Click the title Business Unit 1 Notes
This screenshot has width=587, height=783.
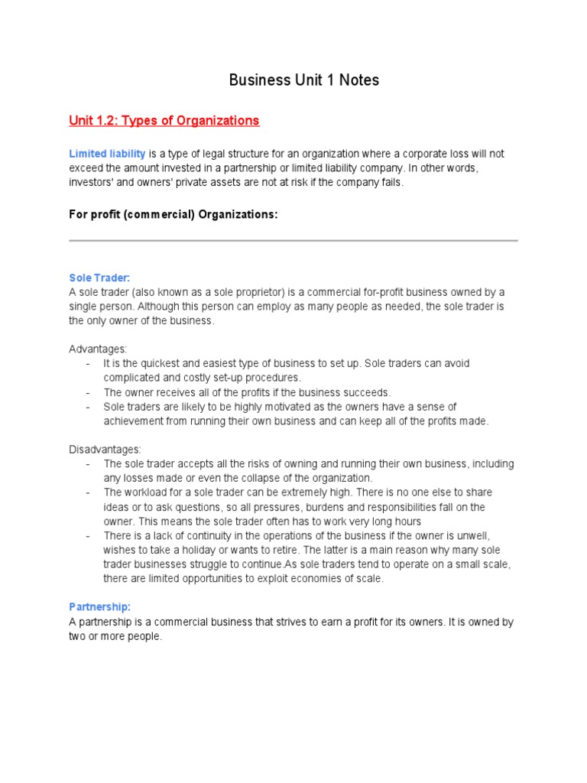point(304,80)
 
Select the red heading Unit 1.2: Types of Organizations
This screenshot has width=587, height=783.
point(164,121)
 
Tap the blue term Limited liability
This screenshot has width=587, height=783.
point(107,154)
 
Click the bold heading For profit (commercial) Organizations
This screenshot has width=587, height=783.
point(174,215)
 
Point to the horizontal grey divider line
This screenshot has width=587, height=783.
point(293,241)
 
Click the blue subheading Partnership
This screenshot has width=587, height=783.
point(99,606)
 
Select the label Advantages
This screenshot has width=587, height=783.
point(98,349)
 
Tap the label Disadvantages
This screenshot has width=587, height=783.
point(105,449)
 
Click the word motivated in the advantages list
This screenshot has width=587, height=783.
point(277,407)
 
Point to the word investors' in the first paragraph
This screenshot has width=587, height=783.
point(91,184)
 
